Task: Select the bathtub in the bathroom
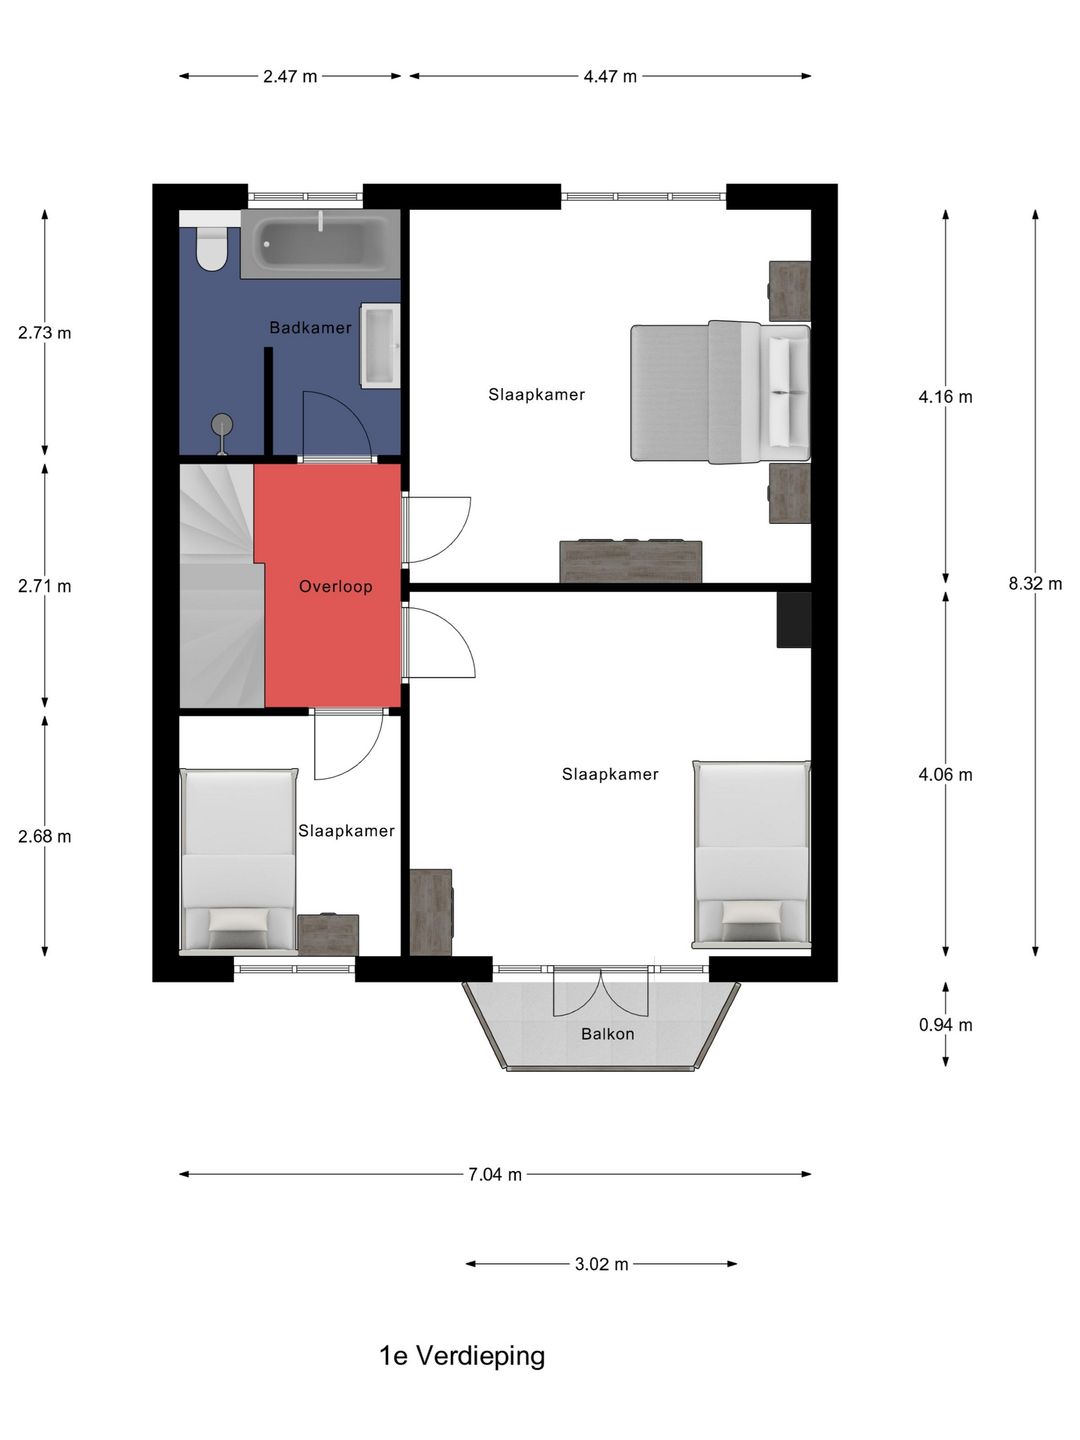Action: [x=320, y=244]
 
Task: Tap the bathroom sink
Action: [x=380, y=346]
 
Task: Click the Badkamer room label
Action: [x=310, y=328]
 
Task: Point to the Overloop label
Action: [x=336, y=586]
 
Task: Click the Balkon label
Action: [x=608, y=1035]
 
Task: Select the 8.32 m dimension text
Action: [x=1035, y=583]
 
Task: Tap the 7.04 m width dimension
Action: [x=495, y=1175]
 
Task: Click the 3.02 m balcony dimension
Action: [x=601, y=1264]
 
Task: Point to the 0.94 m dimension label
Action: [x=945, y=1025]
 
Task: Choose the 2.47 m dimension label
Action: [x=290, y=77]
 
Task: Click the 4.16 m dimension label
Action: [x=945, y=397]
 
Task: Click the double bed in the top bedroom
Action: [x=720, y=392]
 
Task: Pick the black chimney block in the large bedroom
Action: [x=794, y=620]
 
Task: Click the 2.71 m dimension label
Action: [x=45, y=586]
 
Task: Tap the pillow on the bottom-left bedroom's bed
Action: [x=239, y=920]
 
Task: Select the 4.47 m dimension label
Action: [x=610, y=77]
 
